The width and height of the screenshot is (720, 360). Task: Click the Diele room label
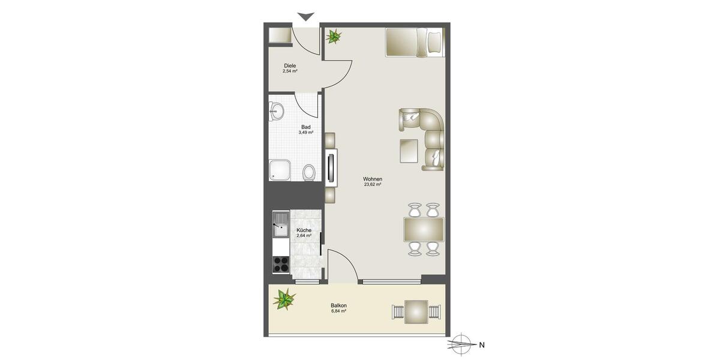[290, 65]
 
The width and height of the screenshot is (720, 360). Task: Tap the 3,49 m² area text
[306, 133]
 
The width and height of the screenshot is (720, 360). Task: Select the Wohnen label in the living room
[373, 179]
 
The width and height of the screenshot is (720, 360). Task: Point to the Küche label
[304, 230]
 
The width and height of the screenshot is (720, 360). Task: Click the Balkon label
[338, 305]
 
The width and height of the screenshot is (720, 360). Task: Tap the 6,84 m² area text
[339, 311]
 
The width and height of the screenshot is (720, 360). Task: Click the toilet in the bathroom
[309, 172]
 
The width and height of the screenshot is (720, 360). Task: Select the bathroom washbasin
[277, 110]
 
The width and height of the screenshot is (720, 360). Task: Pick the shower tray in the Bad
[281, 170]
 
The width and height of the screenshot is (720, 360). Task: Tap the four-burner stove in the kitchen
[281, 264]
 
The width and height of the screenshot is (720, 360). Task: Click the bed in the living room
[414, 42]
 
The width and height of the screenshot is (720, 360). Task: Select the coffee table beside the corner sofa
[409, 151]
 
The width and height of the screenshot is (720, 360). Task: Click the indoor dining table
[424, 229]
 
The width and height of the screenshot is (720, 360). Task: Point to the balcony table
[416, 312]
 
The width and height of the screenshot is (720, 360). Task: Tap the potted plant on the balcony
[284, 298]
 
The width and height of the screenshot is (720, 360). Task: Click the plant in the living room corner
[333, 37]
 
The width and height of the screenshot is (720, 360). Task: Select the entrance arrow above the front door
[306, 17]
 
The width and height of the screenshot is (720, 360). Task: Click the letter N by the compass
[481, 345]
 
